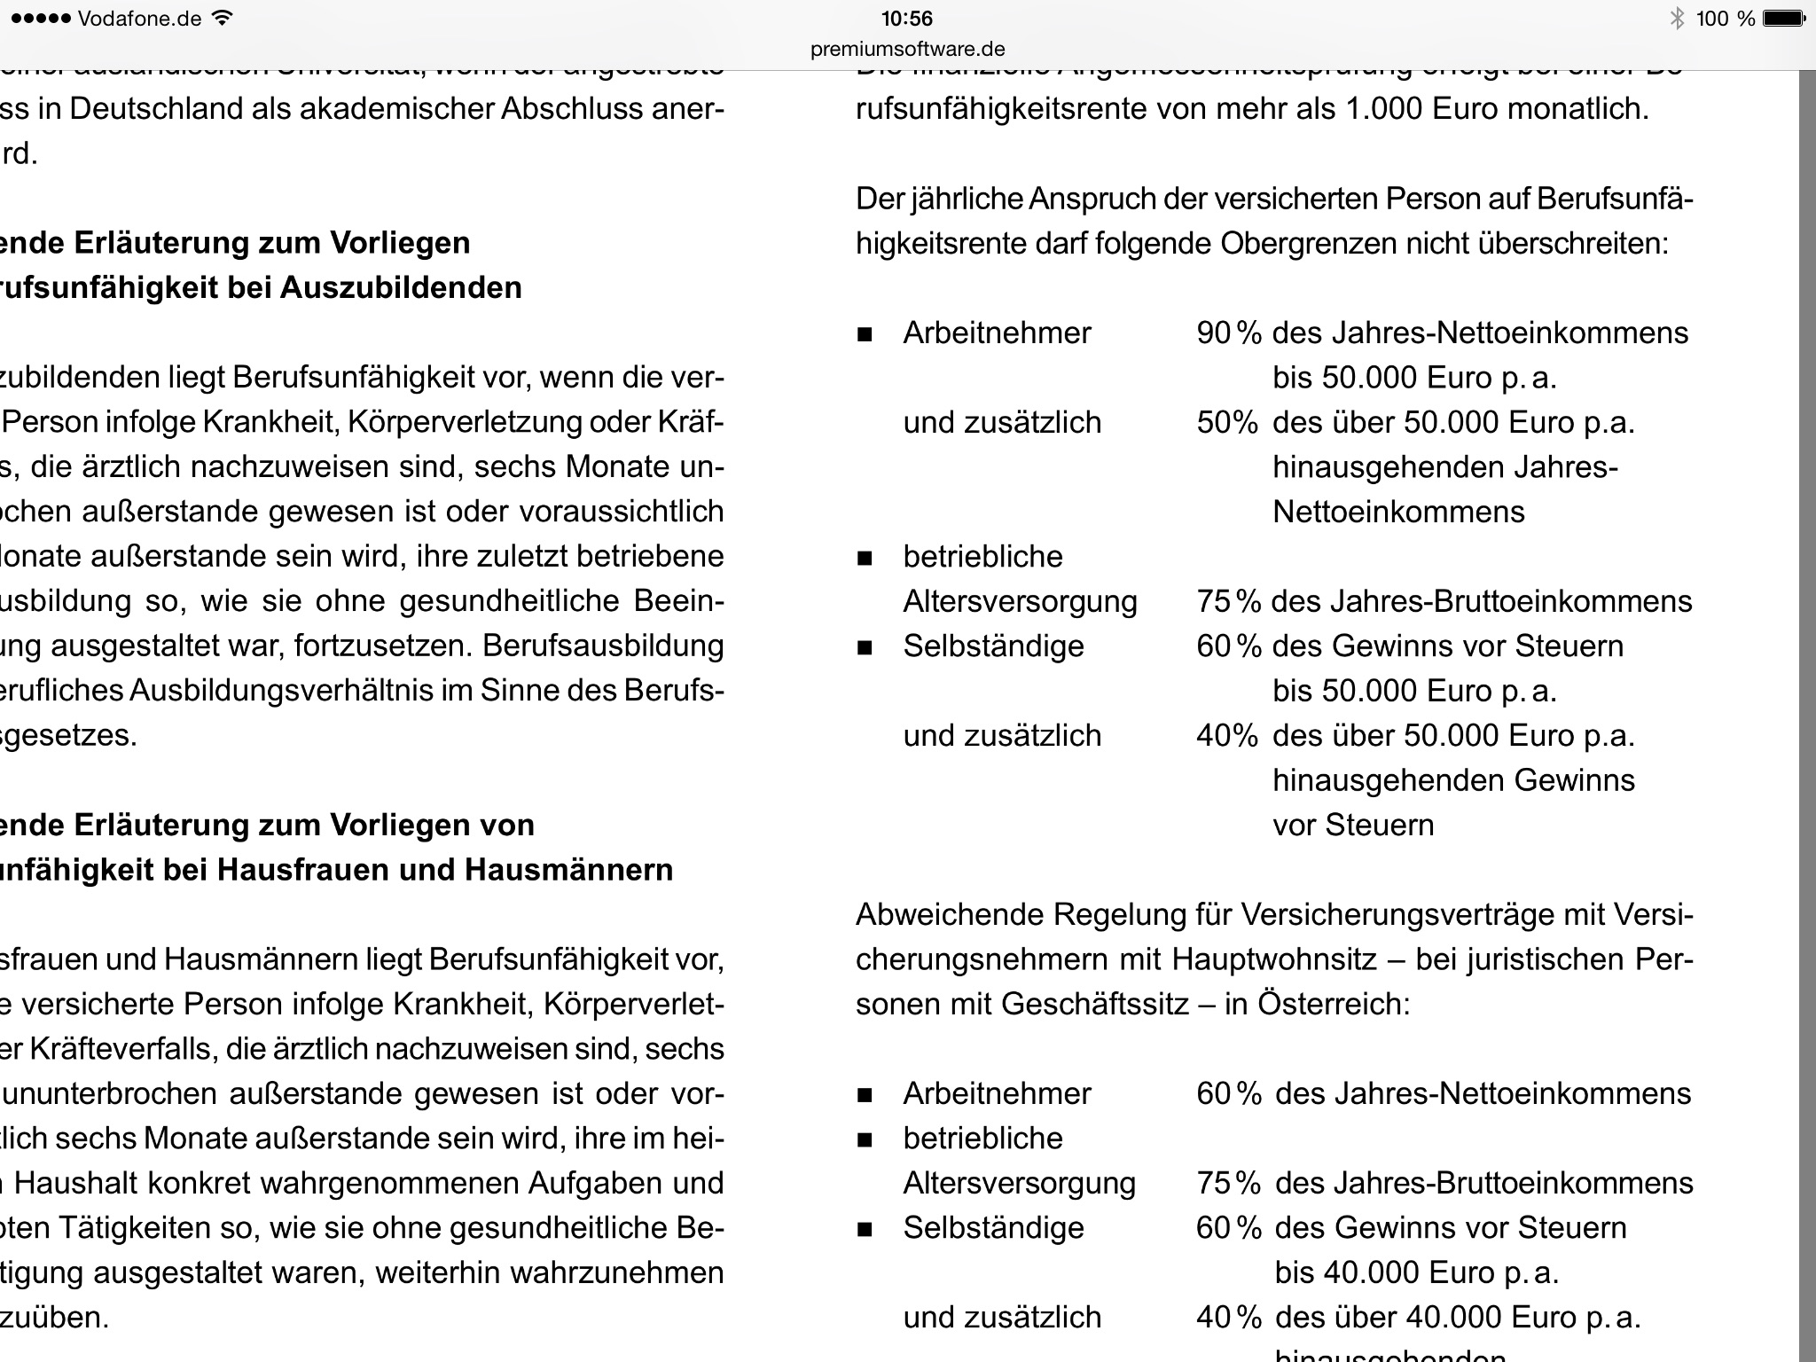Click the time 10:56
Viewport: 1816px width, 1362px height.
(906, 19)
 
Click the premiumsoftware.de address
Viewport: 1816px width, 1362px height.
(907, 49)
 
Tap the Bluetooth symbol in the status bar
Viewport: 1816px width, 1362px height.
(1677, 19)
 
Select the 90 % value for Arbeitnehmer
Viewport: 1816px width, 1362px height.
(1228, 333)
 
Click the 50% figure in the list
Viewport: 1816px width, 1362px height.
(1226, 422)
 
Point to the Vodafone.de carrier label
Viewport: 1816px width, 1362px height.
(139, 19)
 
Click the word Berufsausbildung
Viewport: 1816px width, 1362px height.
(603, 646)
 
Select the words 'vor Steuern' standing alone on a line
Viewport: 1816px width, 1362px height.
(1353, 825)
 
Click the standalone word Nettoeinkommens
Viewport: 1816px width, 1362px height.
(1398, 512)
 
